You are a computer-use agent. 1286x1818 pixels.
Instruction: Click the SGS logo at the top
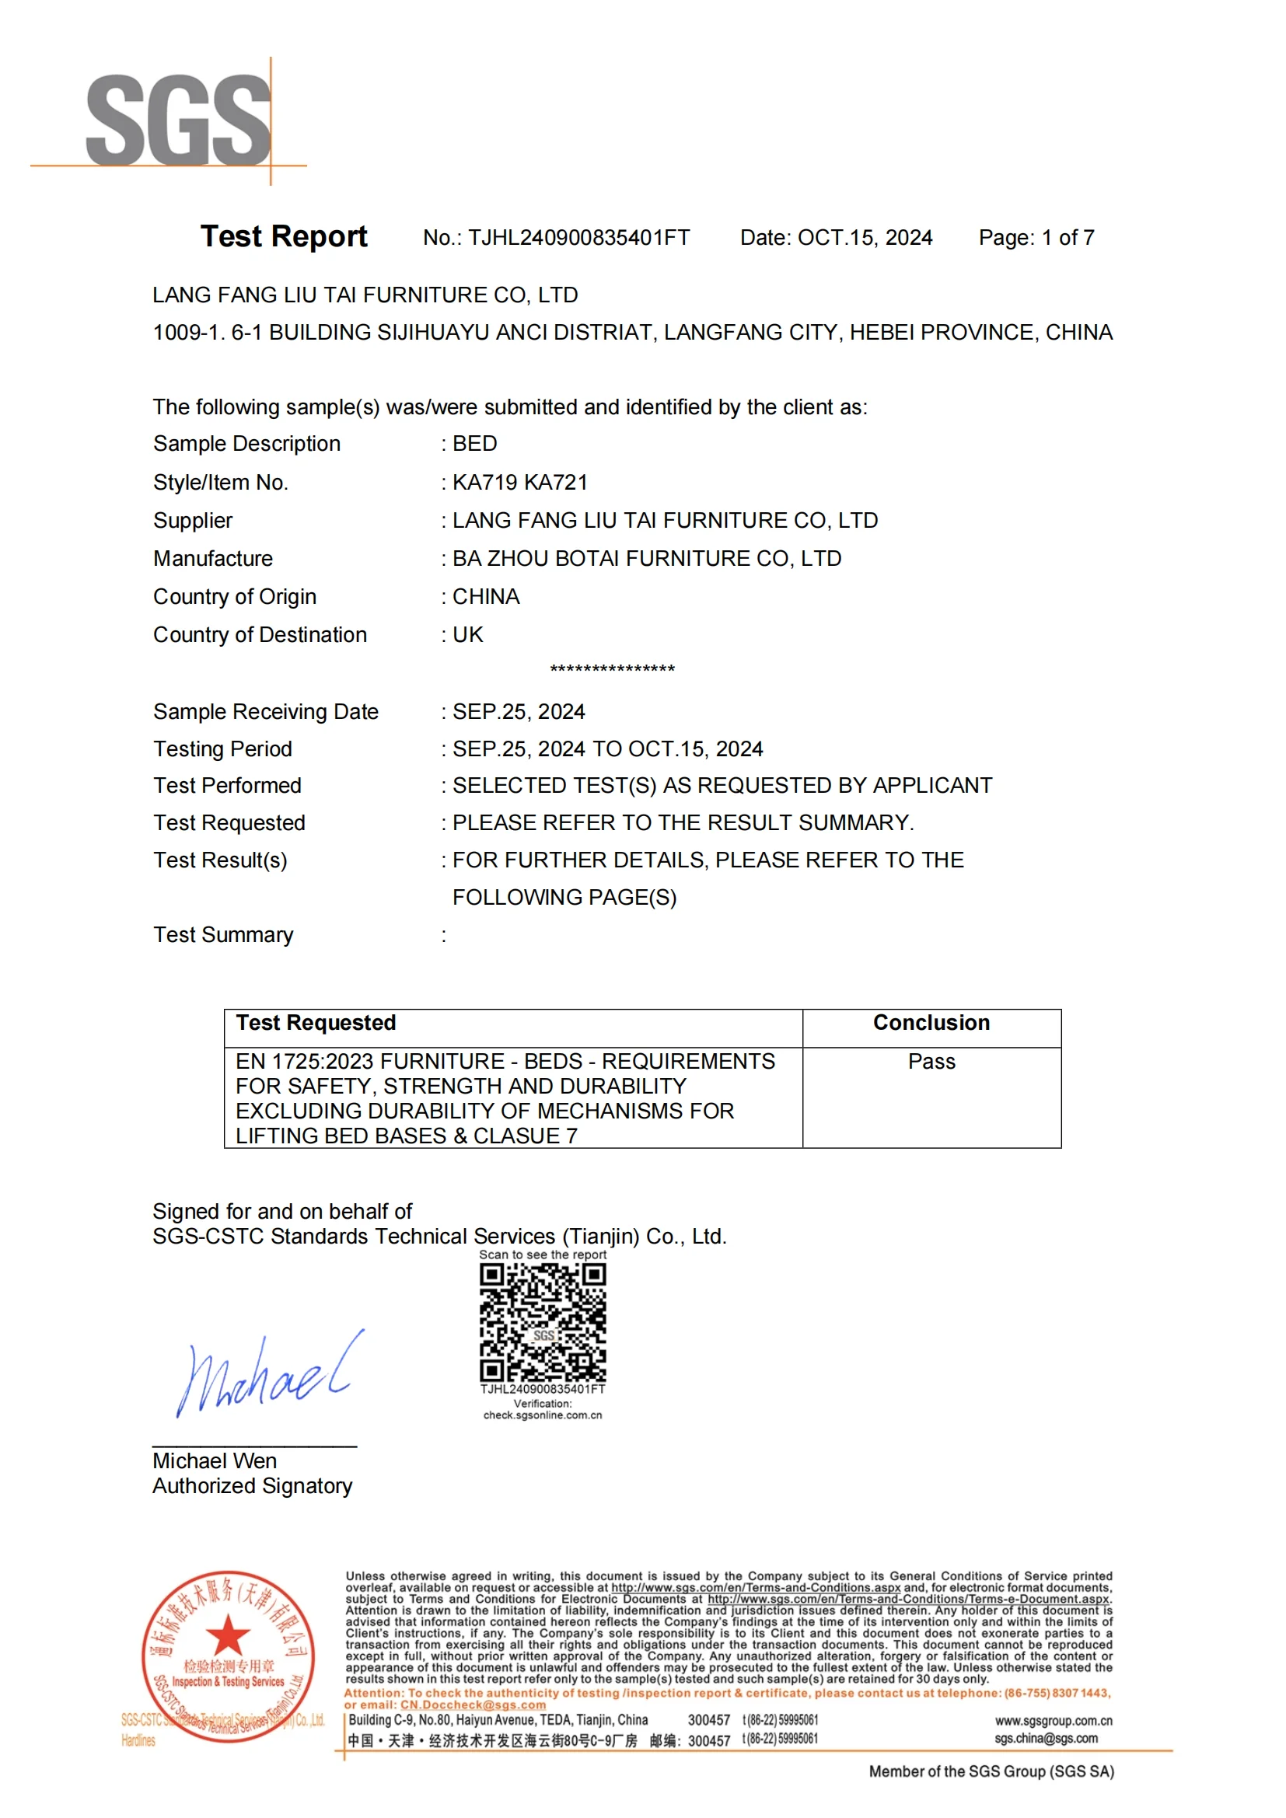[x=177, y=120]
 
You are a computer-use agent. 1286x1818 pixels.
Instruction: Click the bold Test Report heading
[x=284, y=237]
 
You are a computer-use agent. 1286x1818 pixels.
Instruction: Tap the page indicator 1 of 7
[x=1068, y=238]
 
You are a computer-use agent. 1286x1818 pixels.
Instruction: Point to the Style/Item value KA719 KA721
[x=519, y=482]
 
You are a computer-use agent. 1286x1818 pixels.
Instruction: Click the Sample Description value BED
[x=474, y=443]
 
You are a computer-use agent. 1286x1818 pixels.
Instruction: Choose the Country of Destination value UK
[x=467, y=634]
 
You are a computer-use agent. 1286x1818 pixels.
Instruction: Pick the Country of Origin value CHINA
[x=485, y=596]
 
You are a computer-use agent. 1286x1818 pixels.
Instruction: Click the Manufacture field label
[x=213, y=558]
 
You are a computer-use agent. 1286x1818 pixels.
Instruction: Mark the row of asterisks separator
[x=612, y=670]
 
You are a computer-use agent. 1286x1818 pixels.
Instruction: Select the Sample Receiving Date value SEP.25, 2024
[x=519, y=711]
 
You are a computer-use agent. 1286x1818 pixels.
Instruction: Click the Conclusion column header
[x=931, y=1023]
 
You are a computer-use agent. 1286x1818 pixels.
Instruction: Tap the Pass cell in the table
[x=931, y=1062]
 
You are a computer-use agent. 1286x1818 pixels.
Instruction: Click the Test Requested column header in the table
[x=316, y=1023]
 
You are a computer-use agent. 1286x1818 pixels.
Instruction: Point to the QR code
[x=543, y=1322]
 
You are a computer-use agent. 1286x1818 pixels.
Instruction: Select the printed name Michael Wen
[x=215, y=1461]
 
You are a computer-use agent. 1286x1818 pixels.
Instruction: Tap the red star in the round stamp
[x=228, y=1635]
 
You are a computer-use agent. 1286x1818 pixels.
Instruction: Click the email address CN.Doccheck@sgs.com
[x=473, y=1705]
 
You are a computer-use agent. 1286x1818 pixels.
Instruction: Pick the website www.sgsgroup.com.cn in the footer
[x=1054, y=1721]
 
